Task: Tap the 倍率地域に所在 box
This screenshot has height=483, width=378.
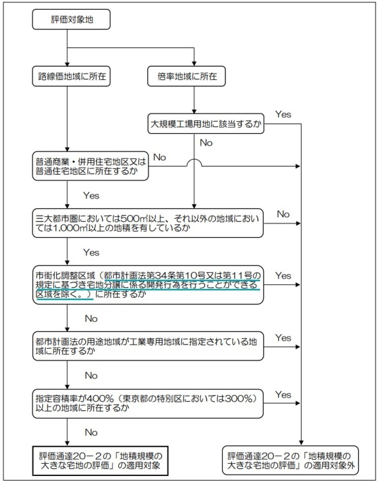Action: pos(194,76)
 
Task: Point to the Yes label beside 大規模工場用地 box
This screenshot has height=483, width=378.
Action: pos(283,114)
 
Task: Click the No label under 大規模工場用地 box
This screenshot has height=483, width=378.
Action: pos(206,143)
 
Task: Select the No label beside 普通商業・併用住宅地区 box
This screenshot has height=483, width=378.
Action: pos(159,157)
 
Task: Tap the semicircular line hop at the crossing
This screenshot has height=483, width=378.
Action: pos(194,163)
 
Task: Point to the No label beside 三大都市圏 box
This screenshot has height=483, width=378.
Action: pos(283,214)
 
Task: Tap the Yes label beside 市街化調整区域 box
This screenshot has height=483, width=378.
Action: pos(283,276)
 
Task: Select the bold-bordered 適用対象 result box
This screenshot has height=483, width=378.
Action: pos(100,460)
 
